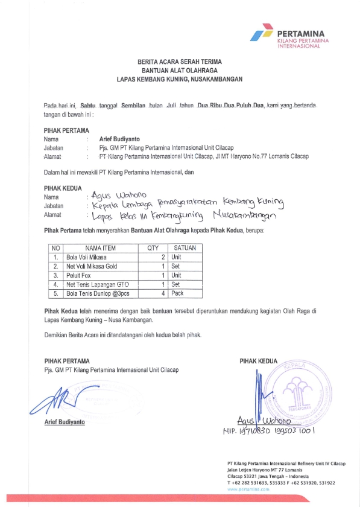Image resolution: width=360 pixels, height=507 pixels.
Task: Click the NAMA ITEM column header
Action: [x=100, y=248]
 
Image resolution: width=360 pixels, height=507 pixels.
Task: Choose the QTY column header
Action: [x=152, y=248]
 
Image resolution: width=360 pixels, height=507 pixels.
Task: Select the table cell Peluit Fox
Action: [x=78, y=275]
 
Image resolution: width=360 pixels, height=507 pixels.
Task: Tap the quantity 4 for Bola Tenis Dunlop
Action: [x=163, y=293]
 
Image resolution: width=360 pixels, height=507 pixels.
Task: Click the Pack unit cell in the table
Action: [x=177, y=293]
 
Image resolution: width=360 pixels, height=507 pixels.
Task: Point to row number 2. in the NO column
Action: [x=55, y=266]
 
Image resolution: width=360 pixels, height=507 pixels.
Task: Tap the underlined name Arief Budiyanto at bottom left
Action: [x=65, y=422]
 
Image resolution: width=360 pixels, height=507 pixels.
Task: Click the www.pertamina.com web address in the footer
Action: [x=248, y=489]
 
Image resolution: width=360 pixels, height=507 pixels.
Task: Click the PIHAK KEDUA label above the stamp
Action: [x=258, y=361]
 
